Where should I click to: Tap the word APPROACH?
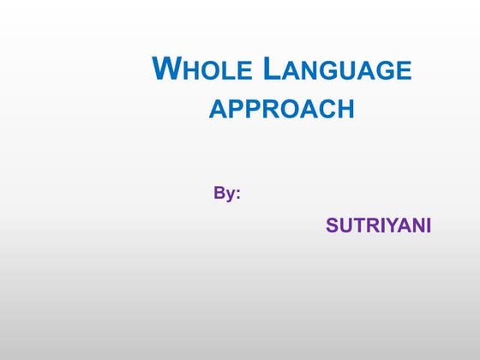point(281,110)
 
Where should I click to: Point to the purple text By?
point(227,194)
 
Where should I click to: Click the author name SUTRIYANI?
point(378,226)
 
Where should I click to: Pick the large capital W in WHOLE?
point(165,68)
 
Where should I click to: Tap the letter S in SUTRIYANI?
point(332,226)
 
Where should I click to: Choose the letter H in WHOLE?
point(189,71)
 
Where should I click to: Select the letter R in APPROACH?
point(266,110)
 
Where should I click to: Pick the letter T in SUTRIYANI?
point(357,226)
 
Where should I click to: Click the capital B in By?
point(219,194)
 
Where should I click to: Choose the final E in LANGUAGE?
point(404,71)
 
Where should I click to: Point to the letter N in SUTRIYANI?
point(414,226)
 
